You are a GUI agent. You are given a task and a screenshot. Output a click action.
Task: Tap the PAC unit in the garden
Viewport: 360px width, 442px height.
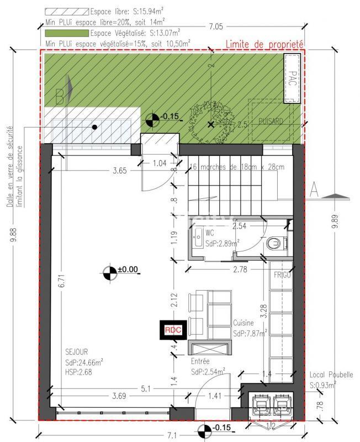[292, 78]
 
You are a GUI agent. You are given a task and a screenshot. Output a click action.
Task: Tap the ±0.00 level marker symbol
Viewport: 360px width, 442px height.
[110, 271]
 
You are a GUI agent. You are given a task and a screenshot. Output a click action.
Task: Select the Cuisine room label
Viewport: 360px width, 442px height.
[243, 323]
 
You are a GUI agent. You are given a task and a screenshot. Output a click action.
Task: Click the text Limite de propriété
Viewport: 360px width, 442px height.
[265, 44]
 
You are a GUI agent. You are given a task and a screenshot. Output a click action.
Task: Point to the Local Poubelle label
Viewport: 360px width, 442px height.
[331, 374]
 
